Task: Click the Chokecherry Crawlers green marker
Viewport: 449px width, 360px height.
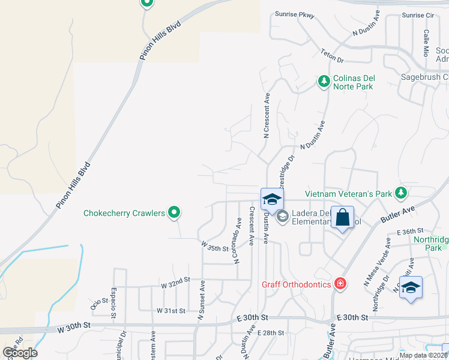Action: [x=175, y=212]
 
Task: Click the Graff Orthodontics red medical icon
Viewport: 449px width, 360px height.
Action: [x=340, y=283]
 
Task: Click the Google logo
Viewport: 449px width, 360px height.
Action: [x=20, y=352]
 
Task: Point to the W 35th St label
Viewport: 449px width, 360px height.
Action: [x=215, y=247]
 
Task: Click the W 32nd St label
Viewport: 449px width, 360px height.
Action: [x=175, y=280]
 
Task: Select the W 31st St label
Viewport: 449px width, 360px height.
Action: [x=171, y=310]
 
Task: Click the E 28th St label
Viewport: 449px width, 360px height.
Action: [x=270, y=332]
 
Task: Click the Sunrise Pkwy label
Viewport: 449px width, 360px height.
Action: [x=295, y=14]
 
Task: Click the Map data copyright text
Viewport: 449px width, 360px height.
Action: [x=423, y=355]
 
